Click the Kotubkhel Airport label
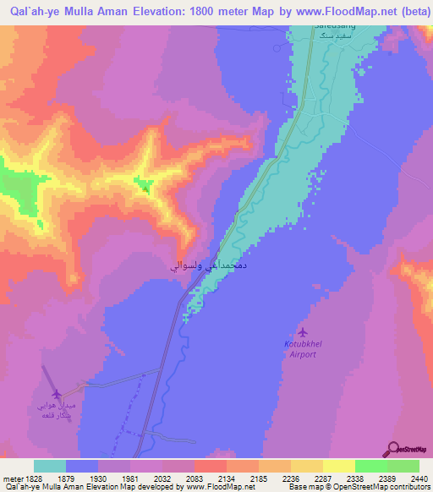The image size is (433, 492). coord(299,349)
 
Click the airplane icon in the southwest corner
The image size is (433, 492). coord(57,394)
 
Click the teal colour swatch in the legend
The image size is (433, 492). coord(50,466)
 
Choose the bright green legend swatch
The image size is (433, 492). coord(370,466)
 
